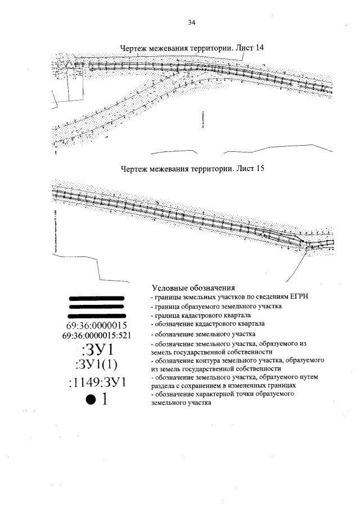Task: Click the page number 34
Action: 191,23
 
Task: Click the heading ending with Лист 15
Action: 192,169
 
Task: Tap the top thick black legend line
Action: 96,297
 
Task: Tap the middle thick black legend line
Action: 96,307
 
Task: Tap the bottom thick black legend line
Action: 96,316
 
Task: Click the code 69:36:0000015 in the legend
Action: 97,326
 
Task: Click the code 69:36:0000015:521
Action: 97,336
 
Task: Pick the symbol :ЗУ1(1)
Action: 97,366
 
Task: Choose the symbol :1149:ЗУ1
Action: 97,383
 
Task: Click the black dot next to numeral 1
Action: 89,400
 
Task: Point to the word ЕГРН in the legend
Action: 299,296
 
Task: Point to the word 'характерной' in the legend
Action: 217,395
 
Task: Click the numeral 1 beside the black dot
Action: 104,400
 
